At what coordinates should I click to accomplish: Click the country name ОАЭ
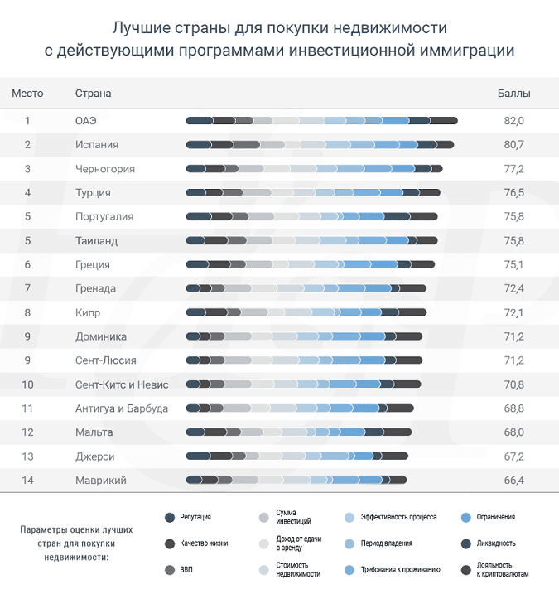coord(85,121)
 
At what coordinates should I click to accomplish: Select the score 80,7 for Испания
coord(513,145)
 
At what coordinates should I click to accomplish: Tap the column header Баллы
coord(513,94)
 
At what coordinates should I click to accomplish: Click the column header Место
coord(27,94)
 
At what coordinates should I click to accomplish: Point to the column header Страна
coord(93,94)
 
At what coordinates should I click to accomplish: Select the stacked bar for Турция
coord(313,193)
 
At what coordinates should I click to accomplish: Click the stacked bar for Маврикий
coord(296,480)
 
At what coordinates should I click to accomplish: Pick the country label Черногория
coord(104,169)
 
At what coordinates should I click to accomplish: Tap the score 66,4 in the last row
coord(513,480)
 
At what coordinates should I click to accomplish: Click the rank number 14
coord(27,480)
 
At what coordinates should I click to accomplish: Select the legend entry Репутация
coord(195,517)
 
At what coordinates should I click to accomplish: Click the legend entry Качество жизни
coord(203,543)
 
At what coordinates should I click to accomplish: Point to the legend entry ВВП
coord(186,570)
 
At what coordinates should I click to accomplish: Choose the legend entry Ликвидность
coord(495,543)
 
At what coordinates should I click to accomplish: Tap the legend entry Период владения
coord(387,543)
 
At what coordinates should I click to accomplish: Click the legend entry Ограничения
coord(495,517)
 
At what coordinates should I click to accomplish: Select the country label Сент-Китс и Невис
coord(121,384)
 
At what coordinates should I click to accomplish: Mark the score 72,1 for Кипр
coord(513,313)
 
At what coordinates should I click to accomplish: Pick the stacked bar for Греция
coord(311,265)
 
